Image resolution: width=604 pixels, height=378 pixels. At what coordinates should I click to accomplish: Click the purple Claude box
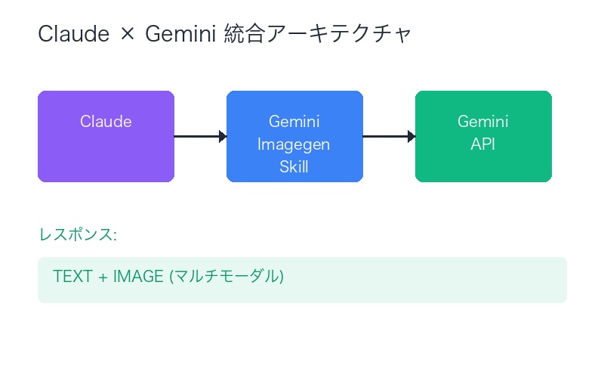tap(106, 151)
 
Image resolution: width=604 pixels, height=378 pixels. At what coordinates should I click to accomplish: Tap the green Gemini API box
tap(483, 163)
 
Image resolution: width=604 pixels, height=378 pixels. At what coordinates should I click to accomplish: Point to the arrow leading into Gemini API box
tap(389, 136)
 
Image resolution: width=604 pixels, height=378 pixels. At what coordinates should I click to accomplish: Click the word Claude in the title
tap(72, 35)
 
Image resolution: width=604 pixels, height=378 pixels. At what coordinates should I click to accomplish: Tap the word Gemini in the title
tap(182, 35)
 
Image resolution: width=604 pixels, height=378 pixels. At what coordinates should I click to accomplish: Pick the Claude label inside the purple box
tap(106, 122)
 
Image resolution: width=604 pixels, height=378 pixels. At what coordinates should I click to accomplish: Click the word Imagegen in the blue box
tap(294, 144)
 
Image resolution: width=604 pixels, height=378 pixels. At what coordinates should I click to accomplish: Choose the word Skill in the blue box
tap(294, 167)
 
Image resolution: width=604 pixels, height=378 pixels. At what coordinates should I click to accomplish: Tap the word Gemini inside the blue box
tap(294, 122)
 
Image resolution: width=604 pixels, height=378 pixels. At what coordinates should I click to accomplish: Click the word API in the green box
tap(483, 144)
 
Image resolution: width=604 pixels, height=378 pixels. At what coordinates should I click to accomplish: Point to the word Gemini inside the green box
tap(483, 122)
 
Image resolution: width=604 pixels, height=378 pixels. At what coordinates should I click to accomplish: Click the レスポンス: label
tap(78, 234)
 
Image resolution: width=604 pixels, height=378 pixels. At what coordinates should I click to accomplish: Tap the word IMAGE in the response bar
tap(138, 277)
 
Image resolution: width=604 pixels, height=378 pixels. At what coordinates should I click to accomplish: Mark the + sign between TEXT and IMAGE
tap(102, 277)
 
